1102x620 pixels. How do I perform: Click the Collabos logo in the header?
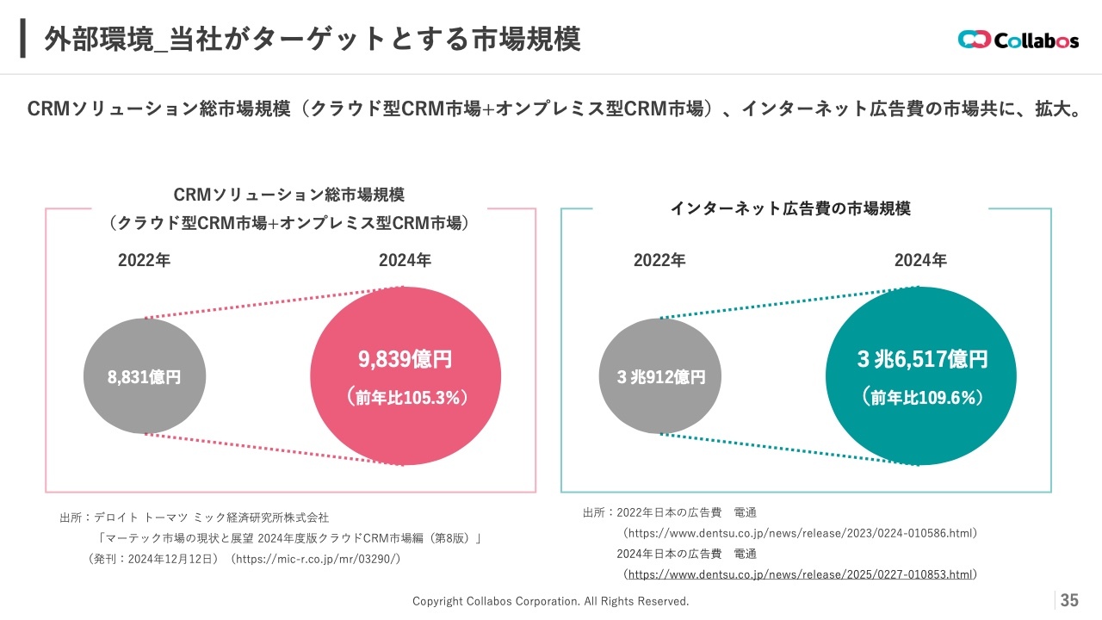point(1018,40)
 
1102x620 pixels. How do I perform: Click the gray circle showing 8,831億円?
point(145,376)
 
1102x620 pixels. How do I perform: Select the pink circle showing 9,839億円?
point(406,375)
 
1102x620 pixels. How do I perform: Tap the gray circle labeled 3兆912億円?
point(660,376)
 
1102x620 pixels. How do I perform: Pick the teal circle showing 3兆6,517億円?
point(921,375)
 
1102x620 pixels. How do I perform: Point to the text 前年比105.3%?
point(406,397)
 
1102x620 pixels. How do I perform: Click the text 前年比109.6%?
point(922,397)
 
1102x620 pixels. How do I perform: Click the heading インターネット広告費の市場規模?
point(790,208)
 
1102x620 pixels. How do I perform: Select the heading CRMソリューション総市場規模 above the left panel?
point(289,194)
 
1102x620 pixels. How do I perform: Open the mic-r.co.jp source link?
point(315,559)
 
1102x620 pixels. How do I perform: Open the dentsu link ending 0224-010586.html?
point(800,533)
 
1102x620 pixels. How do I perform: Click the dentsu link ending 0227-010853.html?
point(800,574)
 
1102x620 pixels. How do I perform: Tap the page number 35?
point(1069,600)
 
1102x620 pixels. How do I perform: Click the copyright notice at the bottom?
point(551,601)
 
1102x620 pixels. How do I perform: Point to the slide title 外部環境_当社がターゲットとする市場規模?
point(312,38)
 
